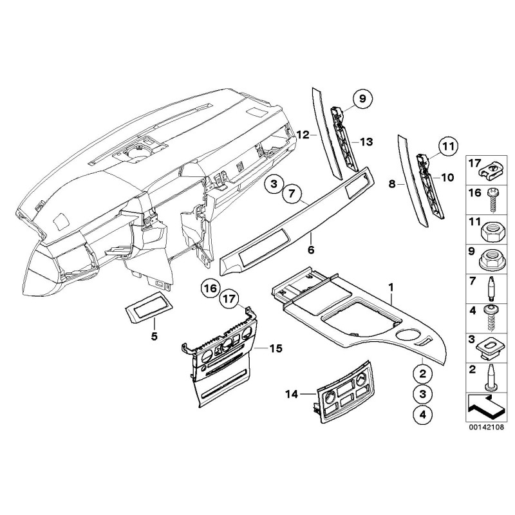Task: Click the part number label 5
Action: (x=154, y=336)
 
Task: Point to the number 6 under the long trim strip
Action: (x=310, y=250)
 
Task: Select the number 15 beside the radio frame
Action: (x=276, y=348)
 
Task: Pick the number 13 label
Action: (x=366, y=141)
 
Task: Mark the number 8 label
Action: (x=392, y=183)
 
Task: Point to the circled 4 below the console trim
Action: (x=422, y=415)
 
